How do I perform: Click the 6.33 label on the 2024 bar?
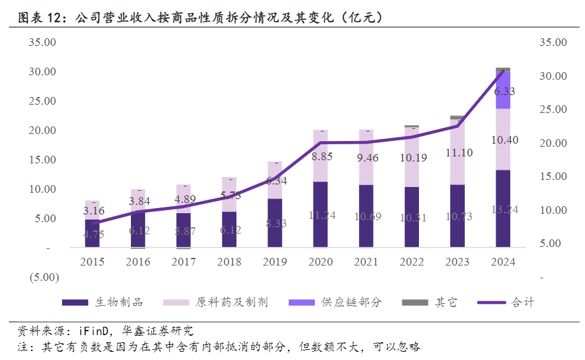pos(504,92)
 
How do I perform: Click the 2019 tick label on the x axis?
pos(275,262)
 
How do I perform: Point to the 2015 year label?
pos(93,262)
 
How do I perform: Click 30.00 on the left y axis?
pos(43,71)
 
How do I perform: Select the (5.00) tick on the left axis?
pos(42,277)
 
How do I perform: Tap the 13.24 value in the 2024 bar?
pos(505,209)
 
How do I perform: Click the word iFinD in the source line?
pos(96,332)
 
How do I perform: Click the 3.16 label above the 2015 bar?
pos(93,211)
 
